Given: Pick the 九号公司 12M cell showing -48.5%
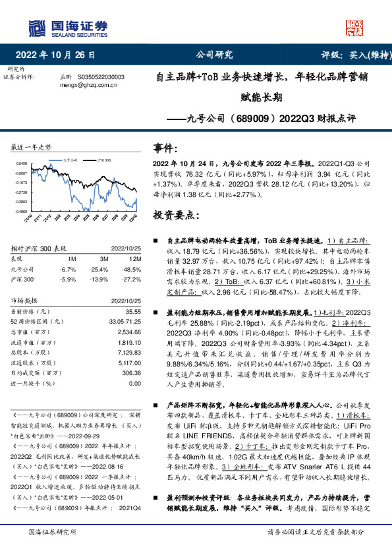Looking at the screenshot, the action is point(130,269).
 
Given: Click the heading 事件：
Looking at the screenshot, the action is point(165,147).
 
